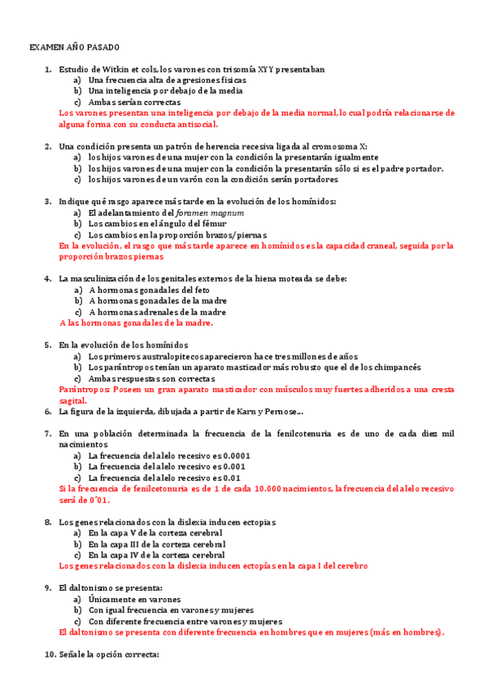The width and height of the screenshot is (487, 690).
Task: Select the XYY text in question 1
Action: click(265, 69)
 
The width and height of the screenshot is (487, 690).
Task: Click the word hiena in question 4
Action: click(272, 278)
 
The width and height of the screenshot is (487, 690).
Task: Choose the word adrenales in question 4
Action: click(161, 312)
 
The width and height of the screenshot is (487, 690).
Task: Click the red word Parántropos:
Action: click(85, 391)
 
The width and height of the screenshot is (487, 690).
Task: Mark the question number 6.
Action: click(49, 412)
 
